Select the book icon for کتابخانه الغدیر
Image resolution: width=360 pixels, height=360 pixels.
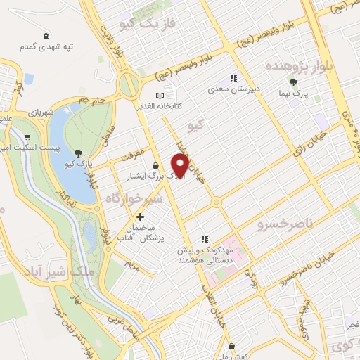[x=160, y=95]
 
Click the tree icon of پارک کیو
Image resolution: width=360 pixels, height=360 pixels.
[x=77, y=153]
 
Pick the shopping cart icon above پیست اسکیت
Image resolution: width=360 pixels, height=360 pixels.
[x=27, y=138]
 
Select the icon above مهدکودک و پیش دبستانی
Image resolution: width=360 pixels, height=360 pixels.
[x=205, y=238]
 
